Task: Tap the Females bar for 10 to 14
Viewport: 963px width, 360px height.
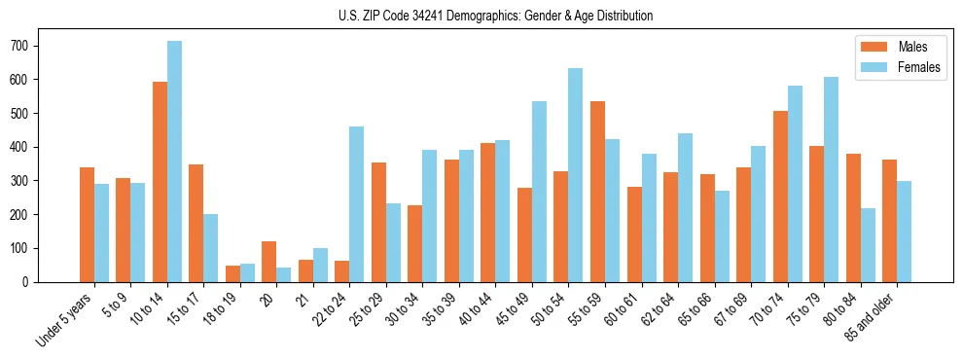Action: coord(174,162)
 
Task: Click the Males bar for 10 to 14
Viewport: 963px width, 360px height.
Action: coord(160,182)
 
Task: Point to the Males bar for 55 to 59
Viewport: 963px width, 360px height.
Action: coord(597,192)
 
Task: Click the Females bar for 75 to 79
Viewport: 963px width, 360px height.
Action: coord(831,179)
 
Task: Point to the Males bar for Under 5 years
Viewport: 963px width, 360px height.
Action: coord(87,225)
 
